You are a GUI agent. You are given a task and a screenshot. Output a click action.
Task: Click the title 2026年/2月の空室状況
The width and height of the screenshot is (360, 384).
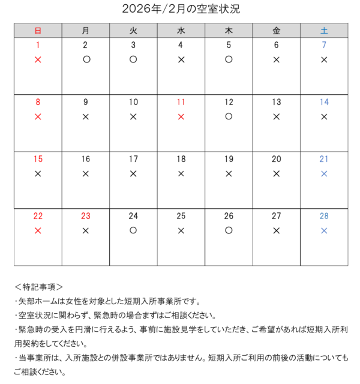(181, 9)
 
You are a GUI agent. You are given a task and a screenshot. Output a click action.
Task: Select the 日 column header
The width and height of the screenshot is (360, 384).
(38, 30)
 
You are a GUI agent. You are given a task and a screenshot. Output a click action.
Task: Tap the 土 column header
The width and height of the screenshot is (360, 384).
(324, 30)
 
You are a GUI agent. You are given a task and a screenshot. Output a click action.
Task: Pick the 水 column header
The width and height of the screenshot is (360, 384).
(181, 30)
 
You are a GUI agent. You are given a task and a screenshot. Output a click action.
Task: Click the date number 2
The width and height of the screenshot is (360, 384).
(85, 45)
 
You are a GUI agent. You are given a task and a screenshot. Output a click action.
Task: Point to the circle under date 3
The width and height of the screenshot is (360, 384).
(133, 59)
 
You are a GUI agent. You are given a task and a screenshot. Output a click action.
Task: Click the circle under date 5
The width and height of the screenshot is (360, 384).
(229, 59)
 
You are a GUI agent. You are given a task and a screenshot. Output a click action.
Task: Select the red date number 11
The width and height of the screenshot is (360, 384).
(181, 102)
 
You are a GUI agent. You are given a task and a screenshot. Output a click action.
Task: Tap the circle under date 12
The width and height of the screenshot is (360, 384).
(229, 116)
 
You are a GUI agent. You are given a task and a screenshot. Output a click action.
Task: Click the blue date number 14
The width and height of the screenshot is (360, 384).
(324, 102)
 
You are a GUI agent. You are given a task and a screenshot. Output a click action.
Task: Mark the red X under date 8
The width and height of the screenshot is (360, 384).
(38, 116)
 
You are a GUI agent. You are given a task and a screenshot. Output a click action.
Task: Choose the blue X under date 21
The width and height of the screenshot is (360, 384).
(324, 173)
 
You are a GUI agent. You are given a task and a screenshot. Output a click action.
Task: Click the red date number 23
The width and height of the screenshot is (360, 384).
(85, 216)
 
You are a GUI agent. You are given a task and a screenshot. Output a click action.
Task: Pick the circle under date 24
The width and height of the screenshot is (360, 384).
(133, 230)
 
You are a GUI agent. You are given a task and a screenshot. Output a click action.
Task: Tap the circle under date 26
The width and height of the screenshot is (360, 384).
(229, 230)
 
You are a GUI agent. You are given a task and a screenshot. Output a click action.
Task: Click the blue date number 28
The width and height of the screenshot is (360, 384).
(324, 216)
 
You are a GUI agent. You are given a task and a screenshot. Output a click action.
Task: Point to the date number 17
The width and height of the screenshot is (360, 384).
(133, 159)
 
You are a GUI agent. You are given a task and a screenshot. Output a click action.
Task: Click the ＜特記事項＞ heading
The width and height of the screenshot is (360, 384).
(38, 287)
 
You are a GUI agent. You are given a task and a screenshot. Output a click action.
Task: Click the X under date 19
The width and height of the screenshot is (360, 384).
(229, 173)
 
